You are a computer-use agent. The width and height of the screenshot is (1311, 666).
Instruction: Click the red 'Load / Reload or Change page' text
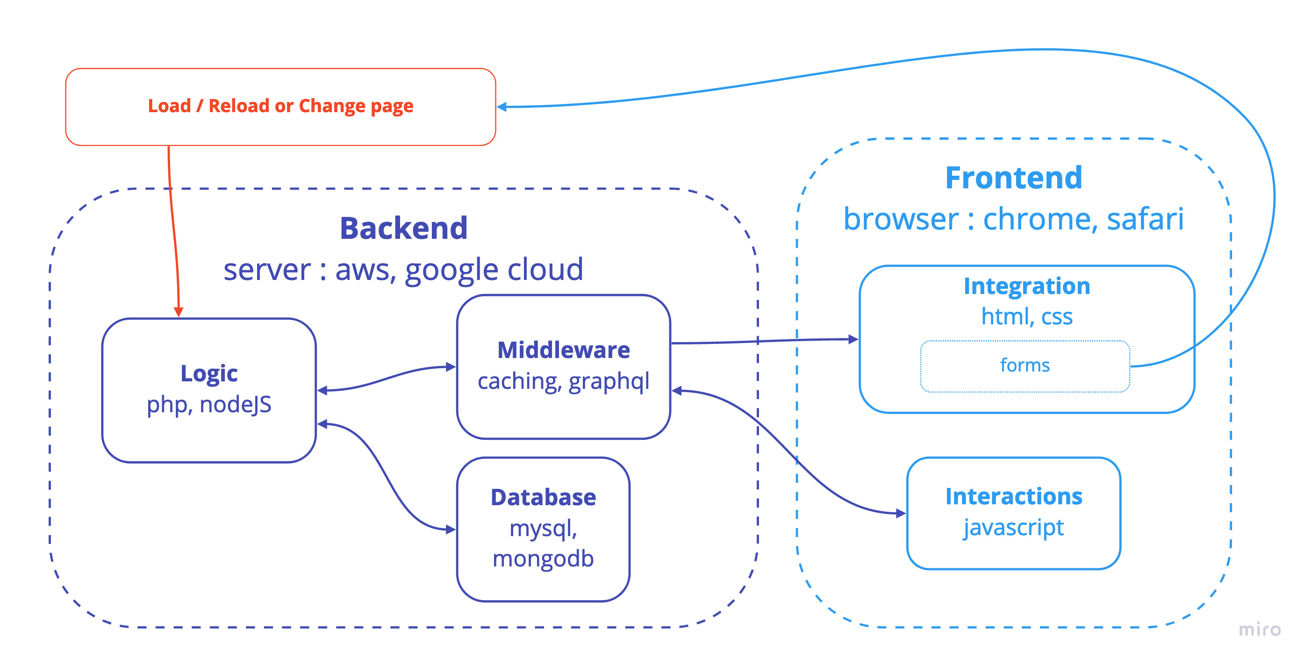[x=280, y=106]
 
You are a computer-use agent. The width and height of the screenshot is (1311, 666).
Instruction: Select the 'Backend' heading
[x=403, y=228]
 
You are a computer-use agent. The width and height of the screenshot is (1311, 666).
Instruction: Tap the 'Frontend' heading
[x=1013, y=178]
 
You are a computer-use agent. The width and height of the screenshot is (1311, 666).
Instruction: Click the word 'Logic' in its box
[x=208, y=373]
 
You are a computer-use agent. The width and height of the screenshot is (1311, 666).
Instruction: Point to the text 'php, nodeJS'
[x=208, y=404]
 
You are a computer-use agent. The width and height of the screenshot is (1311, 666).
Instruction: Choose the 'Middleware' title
[x=563, y=350]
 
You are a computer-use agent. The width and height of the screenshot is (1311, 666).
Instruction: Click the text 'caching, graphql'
[x=563, y=381]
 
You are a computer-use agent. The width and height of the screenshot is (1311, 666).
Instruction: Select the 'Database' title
[x=543, y=497]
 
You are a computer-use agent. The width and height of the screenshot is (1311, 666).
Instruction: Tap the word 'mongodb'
[x=543, y=559]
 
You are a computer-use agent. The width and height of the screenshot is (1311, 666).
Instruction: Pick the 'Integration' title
[x=1026, y=286]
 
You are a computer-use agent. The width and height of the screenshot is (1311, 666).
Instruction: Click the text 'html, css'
[x=1026, y=316]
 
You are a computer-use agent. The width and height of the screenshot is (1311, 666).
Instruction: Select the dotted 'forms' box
[x=1024, y=365]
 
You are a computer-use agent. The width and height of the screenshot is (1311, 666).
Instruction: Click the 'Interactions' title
[x=1013, y=496]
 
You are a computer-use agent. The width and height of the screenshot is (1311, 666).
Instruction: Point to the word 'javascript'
[x=1013, y=527]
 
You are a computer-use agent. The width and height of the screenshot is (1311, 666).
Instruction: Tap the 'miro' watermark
[x=1259, y=630]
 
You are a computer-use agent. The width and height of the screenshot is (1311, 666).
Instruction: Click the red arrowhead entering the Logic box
[x=179, y=312]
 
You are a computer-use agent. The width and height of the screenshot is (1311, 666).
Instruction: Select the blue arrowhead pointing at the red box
[x=502, y=107]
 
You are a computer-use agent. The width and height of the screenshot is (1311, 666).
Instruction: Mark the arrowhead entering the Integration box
[x=853, y=339]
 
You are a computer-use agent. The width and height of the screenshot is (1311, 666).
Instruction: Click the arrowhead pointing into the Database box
[x=450, y=530]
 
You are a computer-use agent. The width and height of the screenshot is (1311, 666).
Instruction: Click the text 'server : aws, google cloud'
[x=403, y=269]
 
